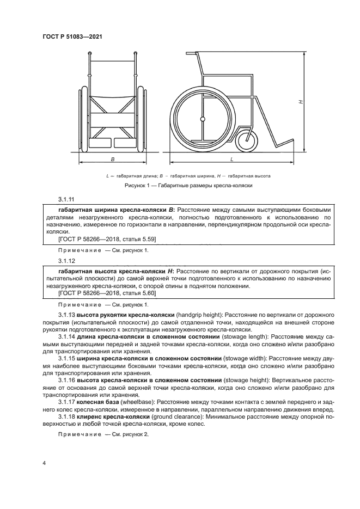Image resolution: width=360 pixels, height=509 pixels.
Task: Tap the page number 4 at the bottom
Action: point(45,462)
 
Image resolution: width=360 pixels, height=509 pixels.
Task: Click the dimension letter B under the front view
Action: point(113,159)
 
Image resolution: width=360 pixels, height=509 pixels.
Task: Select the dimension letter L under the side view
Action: point(233,159)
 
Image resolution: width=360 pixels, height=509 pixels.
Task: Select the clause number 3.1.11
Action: point(65,200)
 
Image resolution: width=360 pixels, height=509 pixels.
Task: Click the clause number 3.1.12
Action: point(65,261)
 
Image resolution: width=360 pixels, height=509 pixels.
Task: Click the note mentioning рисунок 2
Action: point(103,435)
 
